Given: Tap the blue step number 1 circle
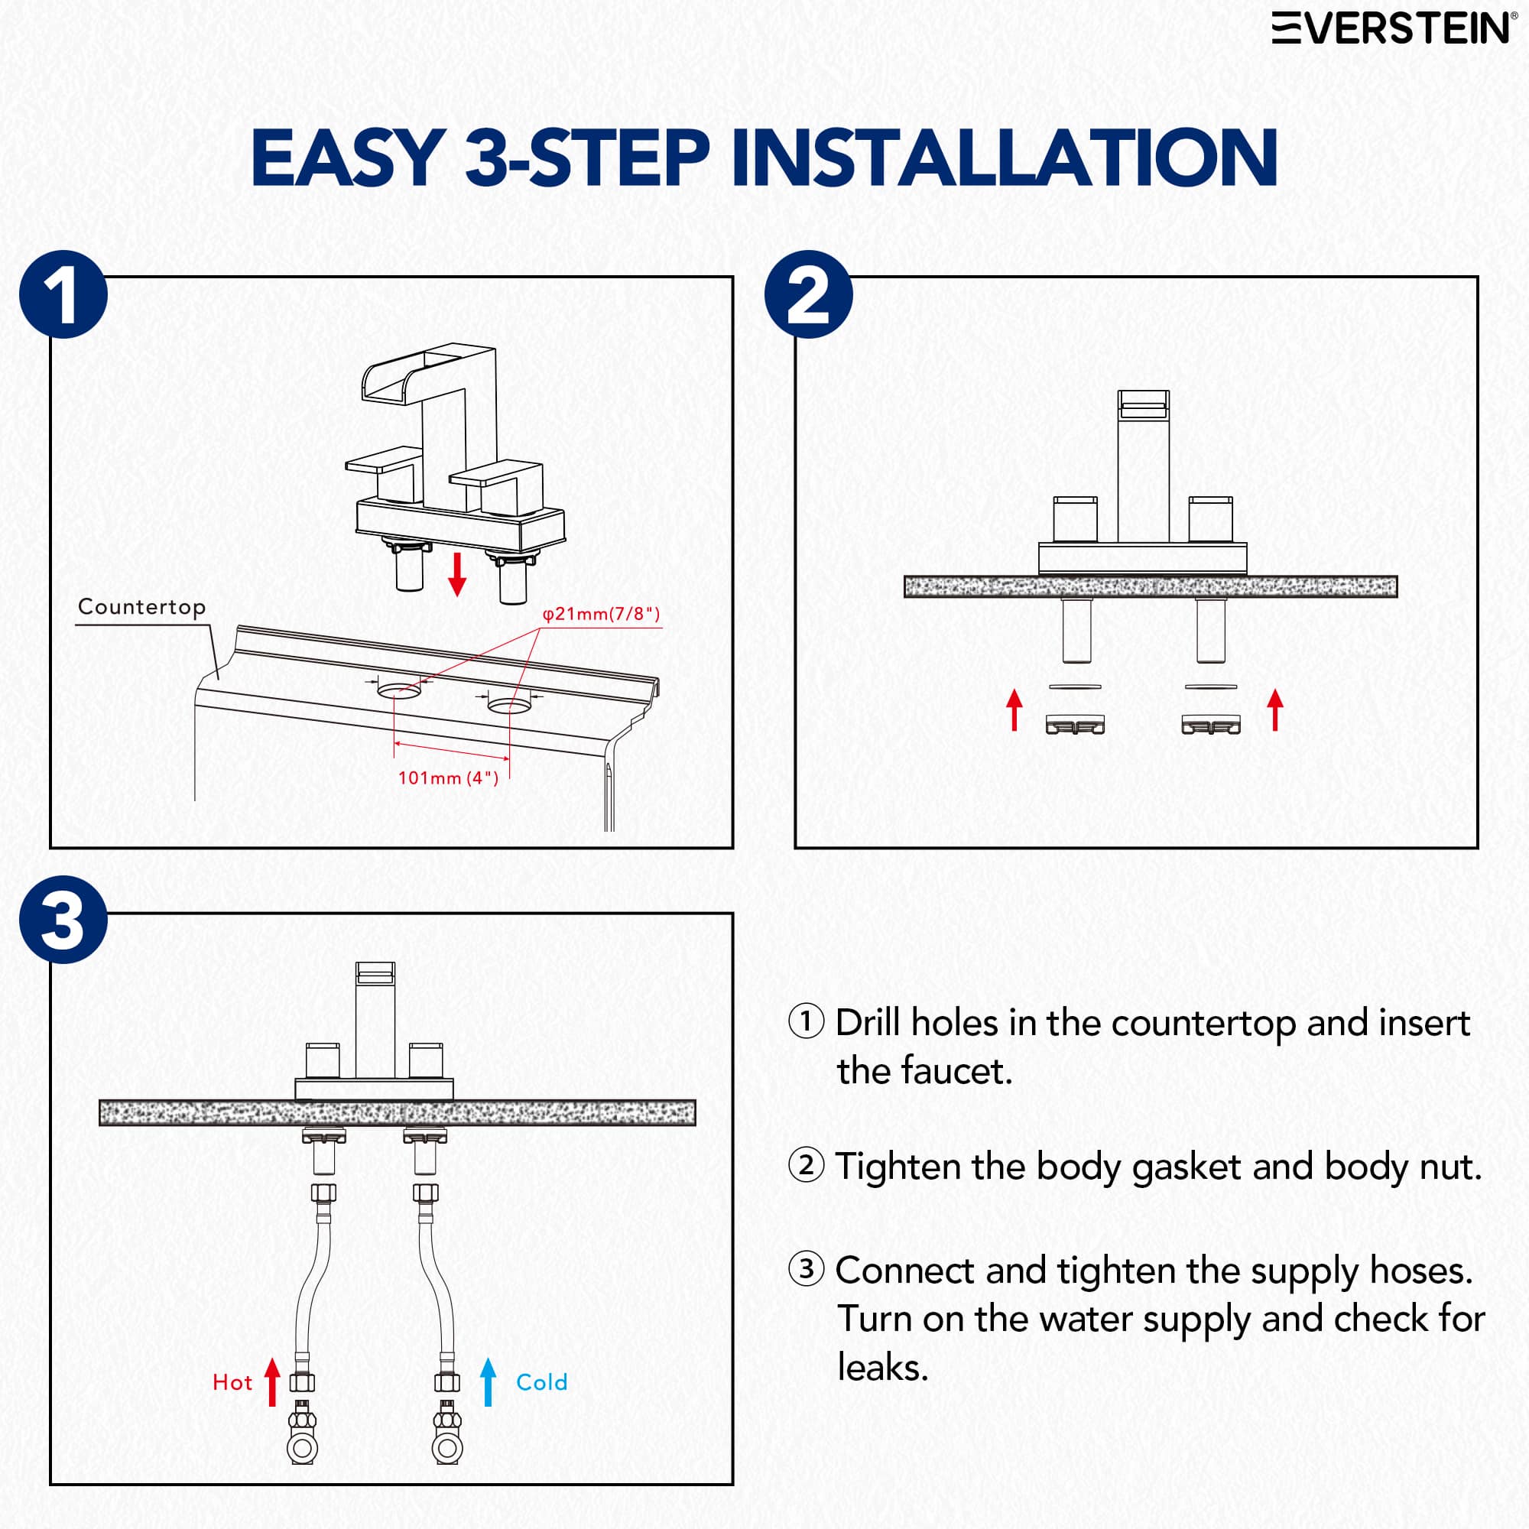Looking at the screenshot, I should [x=63, y=294].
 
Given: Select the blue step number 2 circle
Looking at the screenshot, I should [x=808, y=294].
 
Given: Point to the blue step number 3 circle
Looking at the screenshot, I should [x=63, y=920].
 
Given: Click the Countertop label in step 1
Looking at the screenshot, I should [x=141, y=607].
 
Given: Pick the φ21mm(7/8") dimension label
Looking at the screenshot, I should [x=602, y=614].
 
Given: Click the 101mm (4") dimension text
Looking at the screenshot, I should [x=448, y=778].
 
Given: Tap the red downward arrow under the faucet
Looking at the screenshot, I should [x=456, y=576].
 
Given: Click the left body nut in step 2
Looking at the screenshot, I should [x=1075, y=724].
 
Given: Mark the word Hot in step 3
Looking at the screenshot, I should [x=232, y=1382].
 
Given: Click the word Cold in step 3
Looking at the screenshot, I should [x=542, y=1382].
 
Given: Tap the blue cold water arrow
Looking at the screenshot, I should [x=489, y=1381].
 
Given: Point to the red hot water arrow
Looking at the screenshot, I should [x=272, y=1381].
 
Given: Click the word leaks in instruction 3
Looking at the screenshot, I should [x=883, y=1368].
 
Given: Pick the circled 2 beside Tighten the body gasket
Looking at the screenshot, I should [x=807, y=1166].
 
